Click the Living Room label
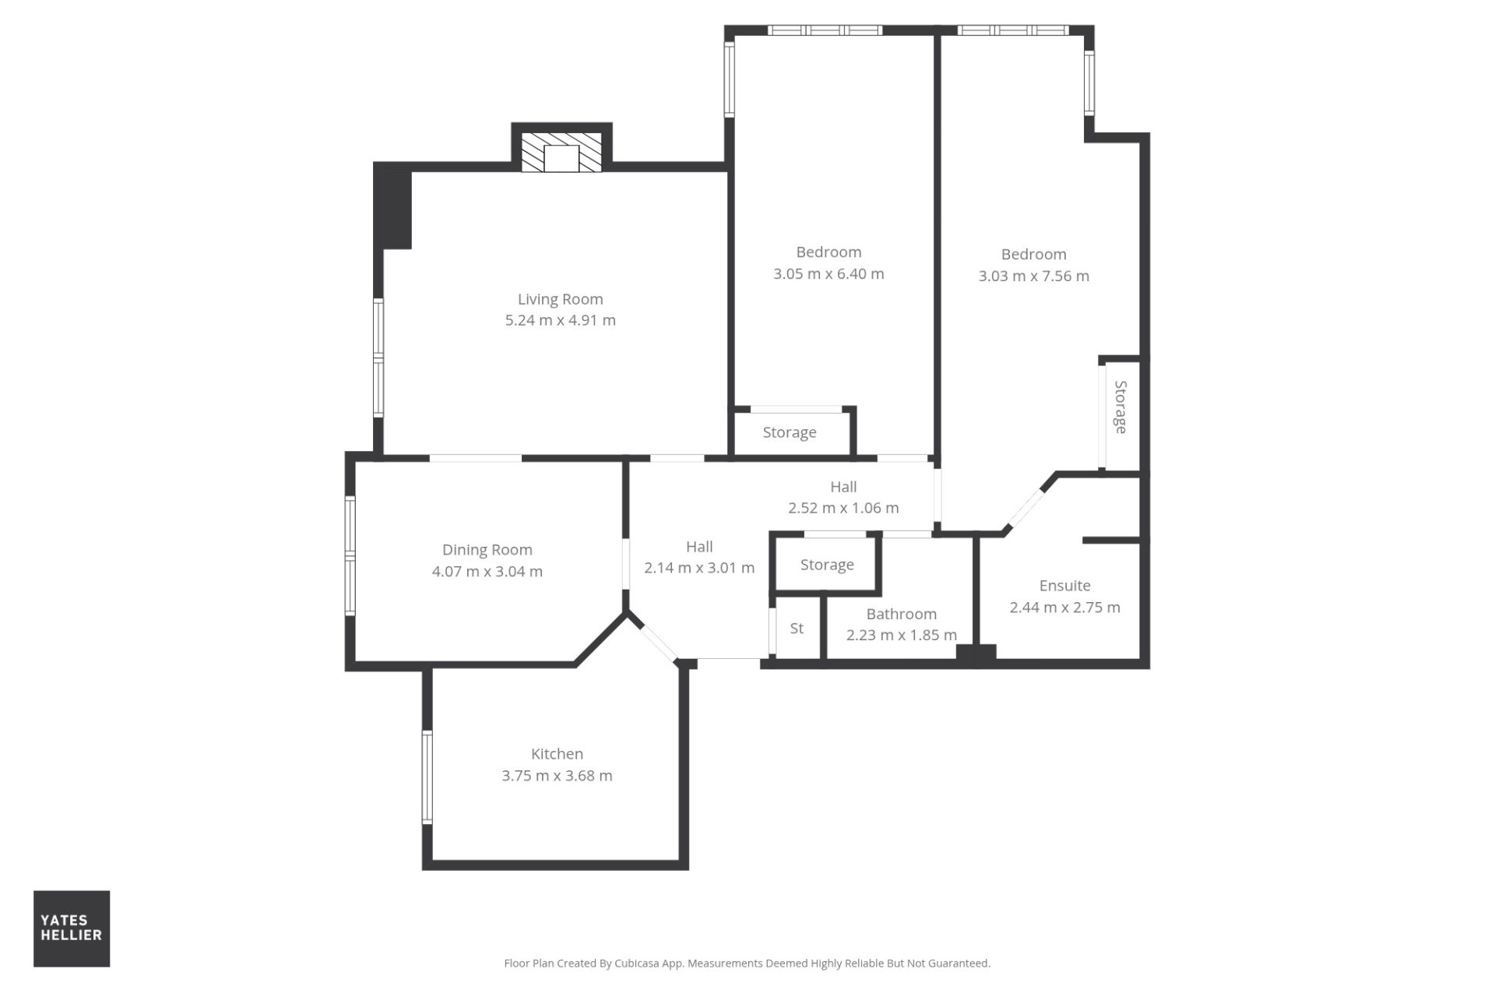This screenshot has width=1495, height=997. pyautogui.click(x=561, y=299)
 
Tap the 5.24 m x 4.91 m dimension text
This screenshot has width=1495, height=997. pyautogui.click(x=561, y=320)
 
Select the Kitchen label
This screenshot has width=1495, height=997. pyautogui.click(x=557, y=754)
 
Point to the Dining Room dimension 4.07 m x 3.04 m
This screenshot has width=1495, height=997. pyautogui.click(x=487, y=571)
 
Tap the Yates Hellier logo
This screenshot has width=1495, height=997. pyautogui.click(x=72, y=928)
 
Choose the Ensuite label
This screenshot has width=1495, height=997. pyautogui.click(x=1065, y=586)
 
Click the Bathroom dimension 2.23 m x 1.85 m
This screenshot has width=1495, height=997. pyautogui.click(x=902, y=635)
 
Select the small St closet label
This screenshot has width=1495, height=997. pyautogui.click(x=797, y=628)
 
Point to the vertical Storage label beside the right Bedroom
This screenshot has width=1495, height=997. pyautogui.click(x=1120, y=407)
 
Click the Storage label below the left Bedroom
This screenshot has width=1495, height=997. pyautogui.click(x=790, y=432)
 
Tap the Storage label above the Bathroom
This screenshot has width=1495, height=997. pyautogui.click(x=827, y=565)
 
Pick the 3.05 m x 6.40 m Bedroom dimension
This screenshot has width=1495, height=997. pyautogui.click(x=828, y=273)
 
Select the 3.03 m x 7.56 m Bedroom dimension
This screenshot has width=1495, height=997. pyautogui.click(x=1034, y=276)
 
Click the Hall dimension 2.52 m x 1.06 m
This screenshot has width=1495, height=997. pyautogui.click(x=843, y=508)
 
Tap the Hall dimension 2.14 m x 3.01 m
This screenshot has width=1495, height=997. pyautogui.click(x=699, y=568)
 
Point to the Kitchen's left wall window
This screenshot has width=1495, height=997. pyautogui.click(x=427, y=777)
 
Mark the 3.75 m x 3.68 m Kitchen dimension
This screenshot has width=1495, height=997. pyautogui.click(x=558, y=776)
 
